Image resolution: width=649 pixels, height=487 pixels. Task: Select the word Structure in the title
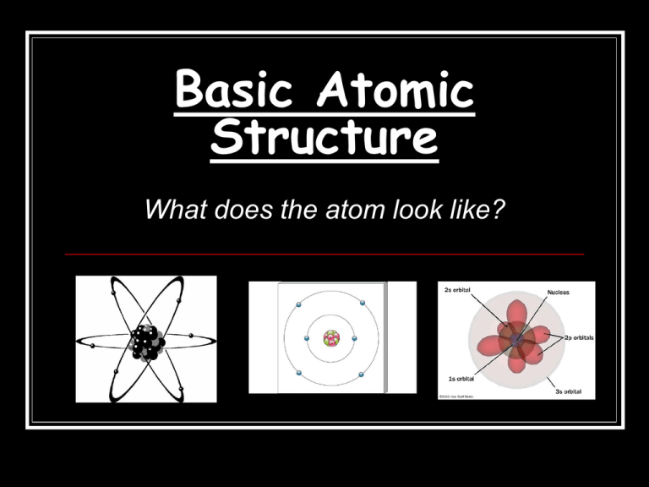point(324,139)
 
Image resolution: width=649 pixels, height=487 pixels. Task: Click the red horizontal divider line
point(324,254)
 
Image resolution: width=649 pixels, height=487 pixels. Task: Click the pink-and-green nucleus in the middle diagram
point(330,338)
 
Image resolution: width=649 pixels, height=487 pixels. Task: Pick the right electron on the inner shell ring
point(352,338)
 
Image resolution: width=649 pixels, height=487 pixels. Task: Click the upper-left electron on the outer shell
point(298,304)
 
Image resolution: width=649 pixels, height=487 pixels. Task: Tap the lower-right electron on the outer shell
point(361,374)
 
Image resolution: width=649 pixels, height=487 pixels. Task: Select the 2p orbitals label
point(574,337)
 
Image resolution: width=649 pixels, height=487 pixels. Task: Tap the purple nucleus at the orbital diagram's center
point(515,340)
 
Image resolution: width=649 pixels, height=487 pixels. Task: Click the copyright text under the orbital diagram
point(459,394)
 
